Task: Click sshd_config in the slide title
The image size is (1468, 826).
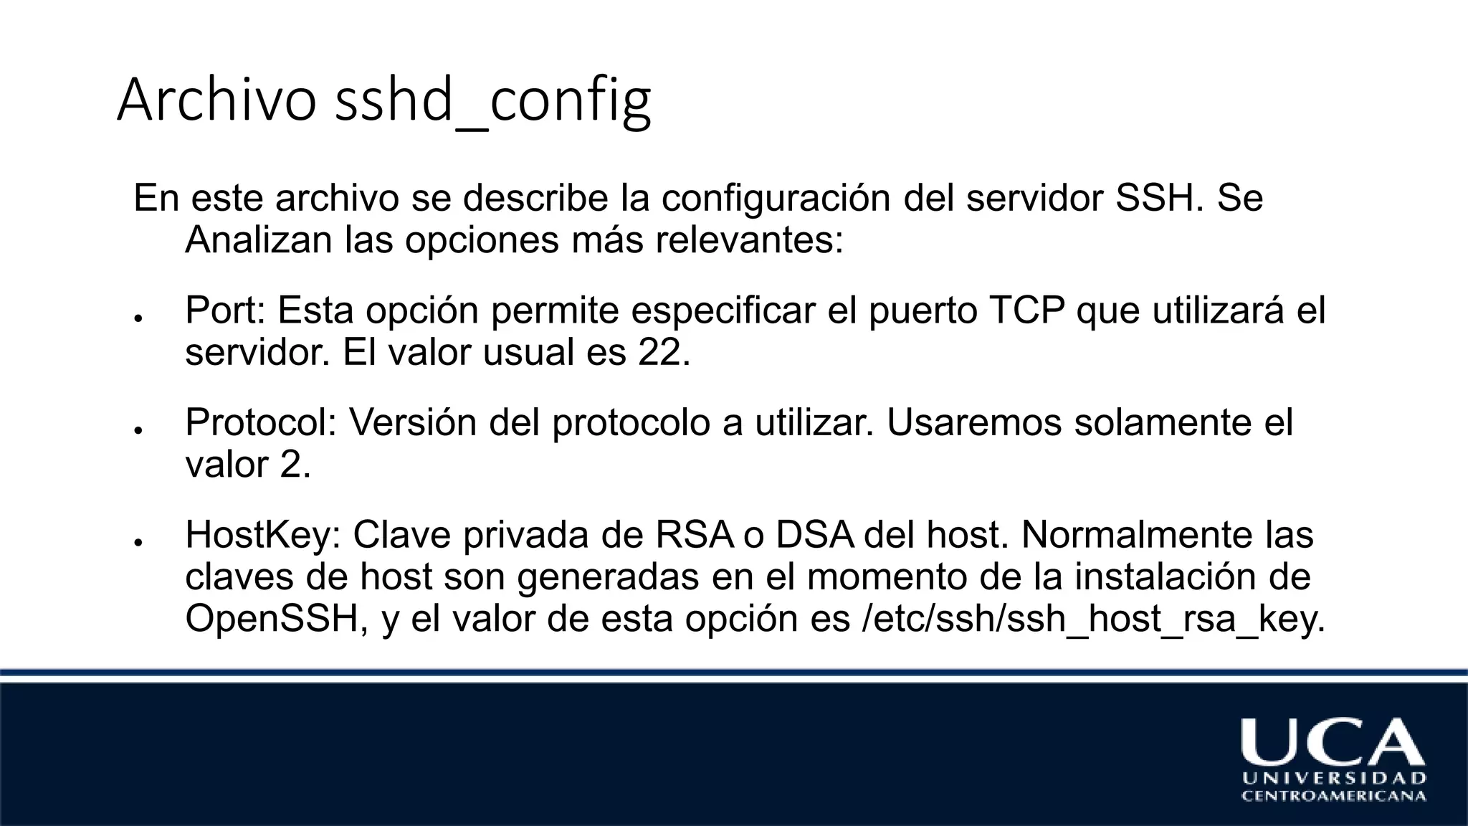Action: click(493, 101)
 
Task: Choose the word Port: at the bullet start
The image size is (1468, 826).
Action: click(225, 310)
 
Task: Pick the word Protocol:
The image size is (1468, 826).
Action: click(261, 423)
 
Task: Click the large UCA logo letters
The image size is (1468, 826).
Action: click(1333, 741)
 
